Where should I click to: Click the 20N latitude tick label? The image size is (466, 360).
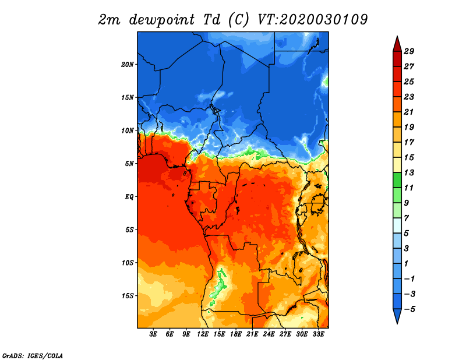[128, 65]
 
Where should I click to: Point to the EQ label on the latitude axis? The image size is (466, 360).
[129, 197]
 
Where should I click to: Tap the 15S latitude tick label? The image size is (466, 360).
[128, 296]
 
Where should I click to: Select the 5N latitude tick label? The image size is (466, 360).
[129, 164]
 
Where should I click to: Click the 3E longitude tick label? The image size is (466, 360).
[153, 334]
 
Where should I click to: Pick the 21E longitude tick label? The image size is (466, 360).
[252, 334]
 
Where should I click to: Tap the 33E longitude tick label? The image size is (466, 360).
[318, 334]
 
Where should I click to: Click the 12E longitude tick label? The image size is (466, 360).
[203, 334]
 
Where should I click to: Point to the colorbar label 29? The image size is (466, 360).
[409, 51]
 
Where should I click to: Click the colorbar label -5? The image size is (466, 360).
[409, 309]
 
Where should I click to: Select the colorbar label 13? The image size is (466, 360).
[409, 172]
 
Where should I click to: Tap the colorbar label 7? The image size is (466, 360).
[406, 218]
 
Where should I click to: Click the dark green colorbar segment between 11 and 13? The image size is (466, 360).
[397, 180]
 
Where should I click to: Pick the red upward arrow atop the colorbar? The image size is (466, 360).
[397, 44]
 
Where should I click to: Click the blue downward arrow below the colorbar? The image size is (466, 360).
[397, 316]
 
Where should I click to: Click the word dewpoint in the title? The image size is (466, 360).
[162, 20]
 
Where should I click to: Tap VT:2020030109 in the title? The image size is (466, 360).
[313, 20]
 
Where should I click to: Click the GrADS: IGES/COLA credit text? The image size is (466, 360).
[33, 356]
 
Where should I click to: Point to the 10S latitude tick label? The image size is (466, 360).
[128, 263]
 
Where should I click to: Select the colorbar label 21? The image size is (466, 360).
[409, 112]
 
